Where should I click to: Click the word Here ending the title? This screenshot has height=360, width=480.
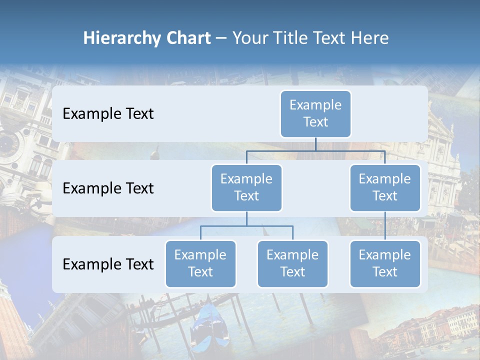tap(369, 38)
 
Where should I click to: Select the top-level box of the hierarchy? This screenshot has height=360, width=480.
tap(315, 114)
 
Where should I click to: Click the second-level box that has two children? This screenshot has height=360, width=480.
tap(246, 188)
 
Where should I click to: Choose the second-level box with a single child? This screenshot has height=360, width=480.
tap(385, 188)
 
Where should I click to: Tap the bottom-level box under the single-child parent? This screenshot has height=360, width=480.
tap(385, 264)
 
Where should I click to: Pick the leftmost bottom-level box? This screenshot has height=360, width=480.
tap(200, 264)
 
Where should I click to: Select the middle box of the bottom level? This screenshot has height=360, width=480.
tap(292, 264)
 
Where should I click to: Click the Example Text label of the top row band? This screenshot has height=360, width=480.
tap(108, 114)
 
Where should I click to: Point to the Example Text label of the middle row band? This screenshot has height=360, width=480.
tap(108, 188)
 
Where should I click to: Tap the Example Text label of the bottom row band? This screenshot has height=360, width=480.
tap(108, 264)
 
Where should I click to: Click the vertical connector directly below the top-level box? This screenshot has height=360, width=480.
tap(315, 144)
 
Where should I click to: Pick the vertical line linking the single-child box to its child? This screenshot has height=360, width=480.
tap(385, 226)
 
